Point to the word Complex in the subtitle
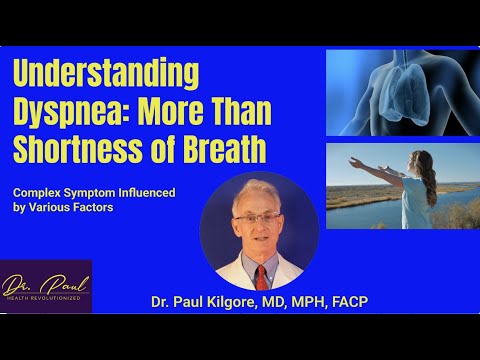coord(39,192)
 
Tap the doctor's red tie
coord(262,274)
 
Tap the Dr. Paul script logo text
coord(45,281)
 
